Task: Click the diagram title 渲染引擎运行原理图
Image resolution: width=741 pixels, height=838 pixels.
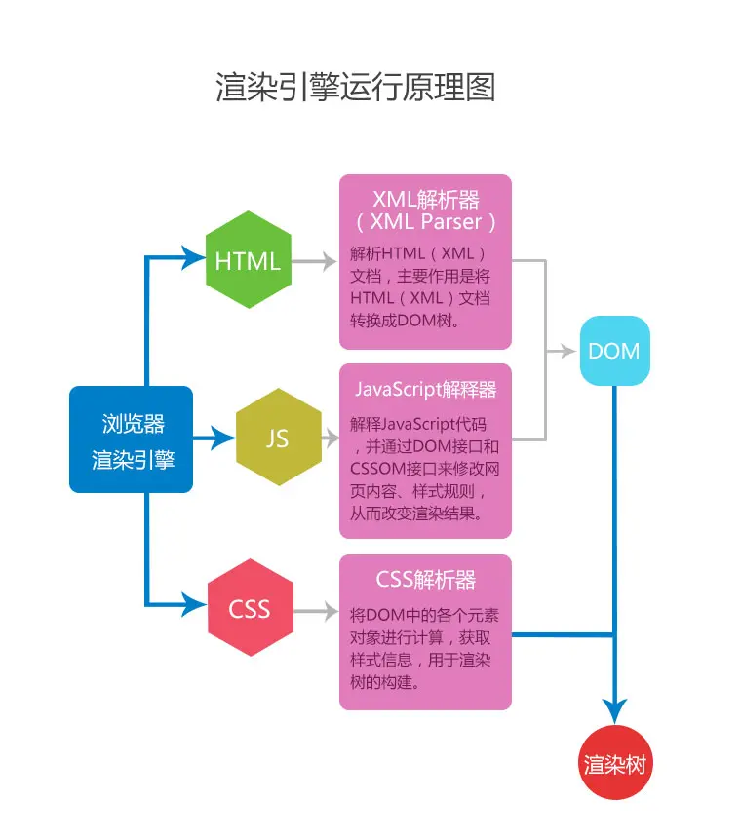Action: click(x=356, y=88)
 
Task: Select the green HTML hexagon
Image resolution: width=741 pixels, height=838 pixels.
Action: click(x=249, y=260)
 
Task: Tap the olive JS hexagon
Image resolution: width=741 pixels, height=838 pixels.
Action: click(x=278, y=438)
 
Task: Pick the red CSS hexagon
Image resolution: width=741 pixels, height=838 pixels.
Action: click(x=250, y=610)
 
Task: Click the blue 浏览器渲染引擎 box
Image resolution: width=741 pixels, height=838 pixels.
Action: click(x=132, y=439)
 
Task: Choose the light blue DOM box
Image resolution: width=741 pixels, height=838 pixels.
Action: click(x=614, y=351)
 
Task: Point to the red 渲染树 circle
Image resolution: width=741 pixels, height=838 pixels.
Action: click(x=614, y=764)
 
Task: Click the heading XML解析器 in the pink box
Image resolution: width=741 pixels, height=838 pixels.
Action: click(x=426, y=201)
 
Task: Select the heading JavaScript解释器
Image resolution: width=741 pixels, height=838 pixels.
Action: click(x=425, y=389)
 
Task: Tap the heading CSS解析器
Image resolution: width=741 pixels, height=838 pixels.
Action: click(x=426, y=580)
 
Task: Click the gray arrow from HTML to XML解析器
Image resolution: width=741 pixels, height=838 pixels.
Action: click(x=314, y=261)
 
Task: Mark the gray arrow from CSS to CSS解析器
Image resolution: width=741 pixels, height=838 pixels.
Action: click(x=314, y=611)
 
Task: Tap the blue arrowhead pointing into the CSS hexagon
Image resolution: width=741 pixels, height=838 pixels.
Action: click(x=194, y=605)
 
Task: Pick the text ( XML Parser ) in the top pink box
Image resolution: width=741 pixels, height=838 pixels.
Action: click(x=426, y=222)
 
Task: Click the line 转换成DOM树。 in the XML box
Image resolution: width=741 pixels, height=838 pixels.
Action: click(x=404, y=321)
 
